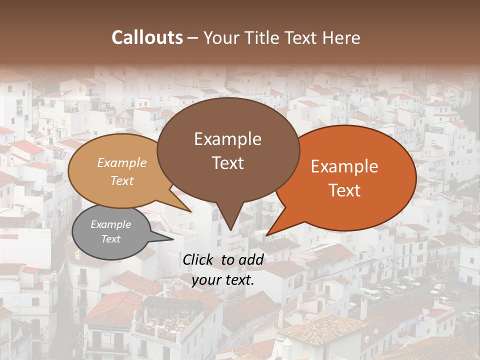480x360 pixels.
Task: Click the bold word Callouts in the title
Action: [147, 37]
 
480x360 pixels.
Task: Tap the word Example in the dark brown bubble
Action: [227, 139]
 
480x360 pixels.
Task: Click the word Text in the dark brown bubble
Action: [227, 162]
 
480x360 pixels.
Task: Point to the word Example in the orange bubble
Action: [344, 166]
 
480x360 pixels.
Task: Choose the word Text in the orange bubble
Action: [344, 190]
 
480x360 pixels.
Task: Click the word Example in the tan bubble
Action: [122, 163]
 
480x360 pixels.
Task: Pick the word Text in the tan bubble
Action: [122, 180]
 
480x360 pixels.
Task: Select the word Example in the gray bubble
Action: [110, 224]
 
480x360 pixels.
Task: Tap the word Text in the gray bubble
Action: [110, 239]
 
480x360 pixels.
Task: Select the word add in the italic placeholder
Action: [252, 259]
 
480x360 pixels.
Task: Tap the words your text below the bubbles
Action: [223, 280]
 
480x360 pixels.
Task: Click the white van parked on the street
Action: [369, 293]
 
